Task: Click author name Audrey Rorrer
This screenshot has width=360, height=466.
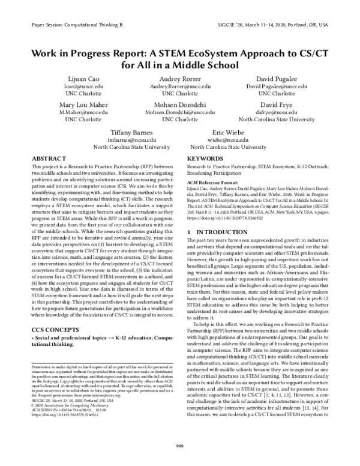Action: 180,79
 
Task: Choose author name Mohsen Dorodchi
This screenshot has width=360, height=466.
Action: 180,104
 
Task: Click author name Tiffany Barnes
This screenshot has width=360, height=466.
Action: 131,132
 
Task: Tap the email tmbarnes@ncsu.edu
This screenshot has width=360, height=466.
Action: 131,139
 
